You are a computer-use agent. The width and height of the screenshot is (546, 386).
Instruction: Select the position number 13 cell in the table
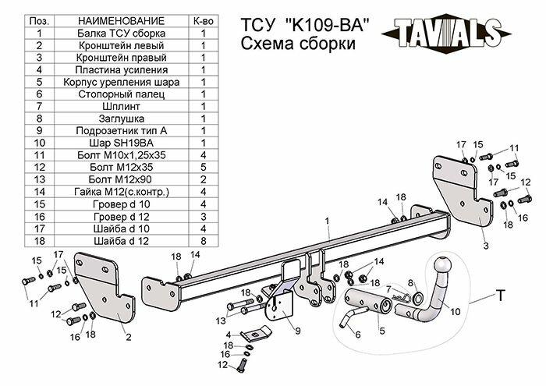click(38, 180)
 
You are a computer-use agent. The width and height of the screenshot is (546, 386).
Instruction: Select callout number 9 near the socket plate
click(298, 331)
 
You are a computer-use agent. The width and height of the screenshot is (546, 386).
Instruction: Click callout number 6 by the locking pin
click(358, 335)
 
